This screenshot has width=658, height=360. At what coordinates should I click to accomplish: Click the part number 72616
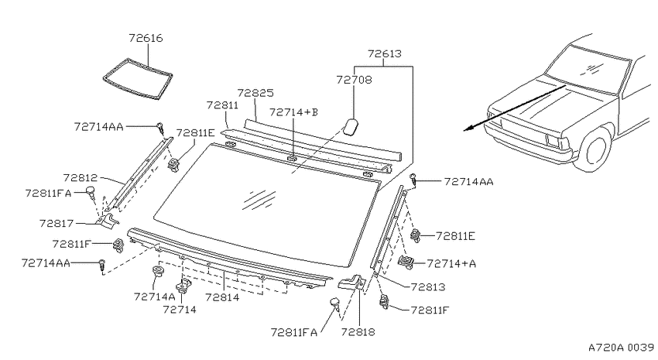[x=146, y=38]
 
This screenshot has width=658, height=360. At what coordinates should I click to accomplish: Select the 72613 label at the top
[x=385, y=53]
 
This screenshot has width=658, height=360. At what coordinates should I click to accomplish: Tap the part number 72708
[x=354, y=79]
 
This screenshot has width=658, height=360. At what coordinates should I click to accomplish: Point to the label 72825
[x=255, y=93]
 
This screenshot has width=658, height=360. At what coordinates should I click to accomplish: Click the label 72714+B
[x=293, y=112]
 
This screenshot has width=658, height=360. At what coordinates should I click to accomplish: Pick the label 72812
[x=81, y=178]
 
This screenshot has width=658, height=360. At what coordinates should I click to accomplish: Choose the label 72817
[x=57, y=223]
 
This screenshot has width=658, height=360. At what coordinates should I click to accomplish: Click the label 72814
[x=222, y=297]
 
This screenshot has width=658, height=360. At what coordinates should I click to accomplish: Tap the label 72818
[x=358, y=332]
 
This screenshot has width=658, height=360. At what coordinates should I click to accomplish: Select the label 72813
[x=428, y=287]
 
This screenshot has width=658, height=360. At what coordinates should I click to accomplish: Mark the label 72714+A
[x=451, y=263]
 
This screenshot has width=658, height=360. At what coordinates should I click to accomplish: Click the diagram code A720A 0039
[x=621, y=348]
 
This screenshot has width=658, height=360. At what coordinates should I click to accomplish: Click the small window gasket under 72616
[x=138, y=80]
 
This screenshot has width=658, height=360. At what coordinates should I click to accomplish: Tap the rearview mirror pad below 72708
[x=351, y=126]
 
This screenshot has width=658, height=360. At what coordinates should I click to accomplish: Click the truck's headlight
[x=558, y=141]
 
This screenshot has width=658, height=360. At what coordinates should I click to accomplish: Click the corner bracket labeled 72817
[x=108, y=221]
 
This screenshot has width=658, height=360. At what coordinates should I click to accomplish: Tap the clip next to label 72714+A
[x=406, y=262]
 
